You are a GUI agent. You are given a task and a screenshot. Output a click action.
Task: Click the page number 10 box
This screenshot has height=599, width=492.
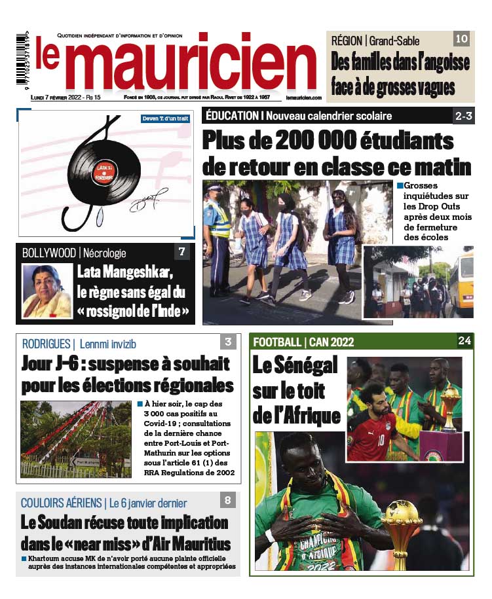pyautogui.click(x=461, y=39)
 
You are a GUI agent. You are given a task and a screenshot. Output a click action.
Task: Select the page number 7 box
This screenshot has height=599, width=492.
pyautogui.click(x=183, y=252)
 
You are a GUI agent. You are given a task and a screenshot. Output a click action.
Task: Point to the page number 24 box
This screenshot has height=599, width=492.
pyautogui.click(x=464, y=340)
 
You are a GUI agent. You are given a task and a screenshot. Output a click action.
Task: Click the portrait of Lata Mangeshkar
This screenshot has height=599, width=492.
pyautogui.click(x=47, y=291)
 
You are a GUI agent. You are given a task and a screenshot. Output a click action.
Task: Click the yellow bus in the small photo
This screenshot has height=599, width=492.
pyautogui.click(x=463, y=281)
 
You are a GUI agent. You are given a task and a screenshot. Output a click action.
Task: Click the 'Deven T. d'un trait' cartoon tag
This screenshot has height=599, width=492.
pyautogui.click(x=165, y=118)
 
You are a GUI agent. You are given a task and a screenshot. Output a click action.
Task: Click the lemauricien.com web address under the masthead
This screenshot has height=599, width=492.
pyautogui.click(x=303, y=98)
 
